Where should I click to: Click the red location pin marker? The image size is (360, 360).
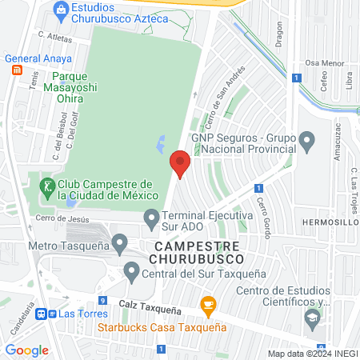coord(180,165)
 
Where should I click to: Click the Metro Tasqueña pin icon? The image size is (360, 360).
coord(120,241)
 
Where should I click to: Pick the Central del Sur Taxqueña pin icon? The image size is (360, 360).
coord(132,273)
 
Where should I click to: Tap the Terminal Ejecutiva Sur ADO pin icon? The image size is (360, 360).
coord(150,216)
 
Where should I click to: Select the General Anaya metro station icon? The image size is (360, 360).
coord(17,70)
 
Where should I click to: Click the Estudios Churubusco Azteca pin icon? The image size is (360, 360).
coord(60,9)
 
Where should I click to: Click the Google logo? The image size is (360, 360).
coord(26,350)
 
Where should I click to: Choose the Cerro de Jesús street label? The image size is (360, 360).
coord(59,218)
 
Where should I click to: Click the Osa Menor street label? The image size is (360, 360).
coord(324,62)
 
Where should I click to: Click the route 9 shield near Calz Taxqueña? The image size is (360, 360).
coord(102,289)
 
